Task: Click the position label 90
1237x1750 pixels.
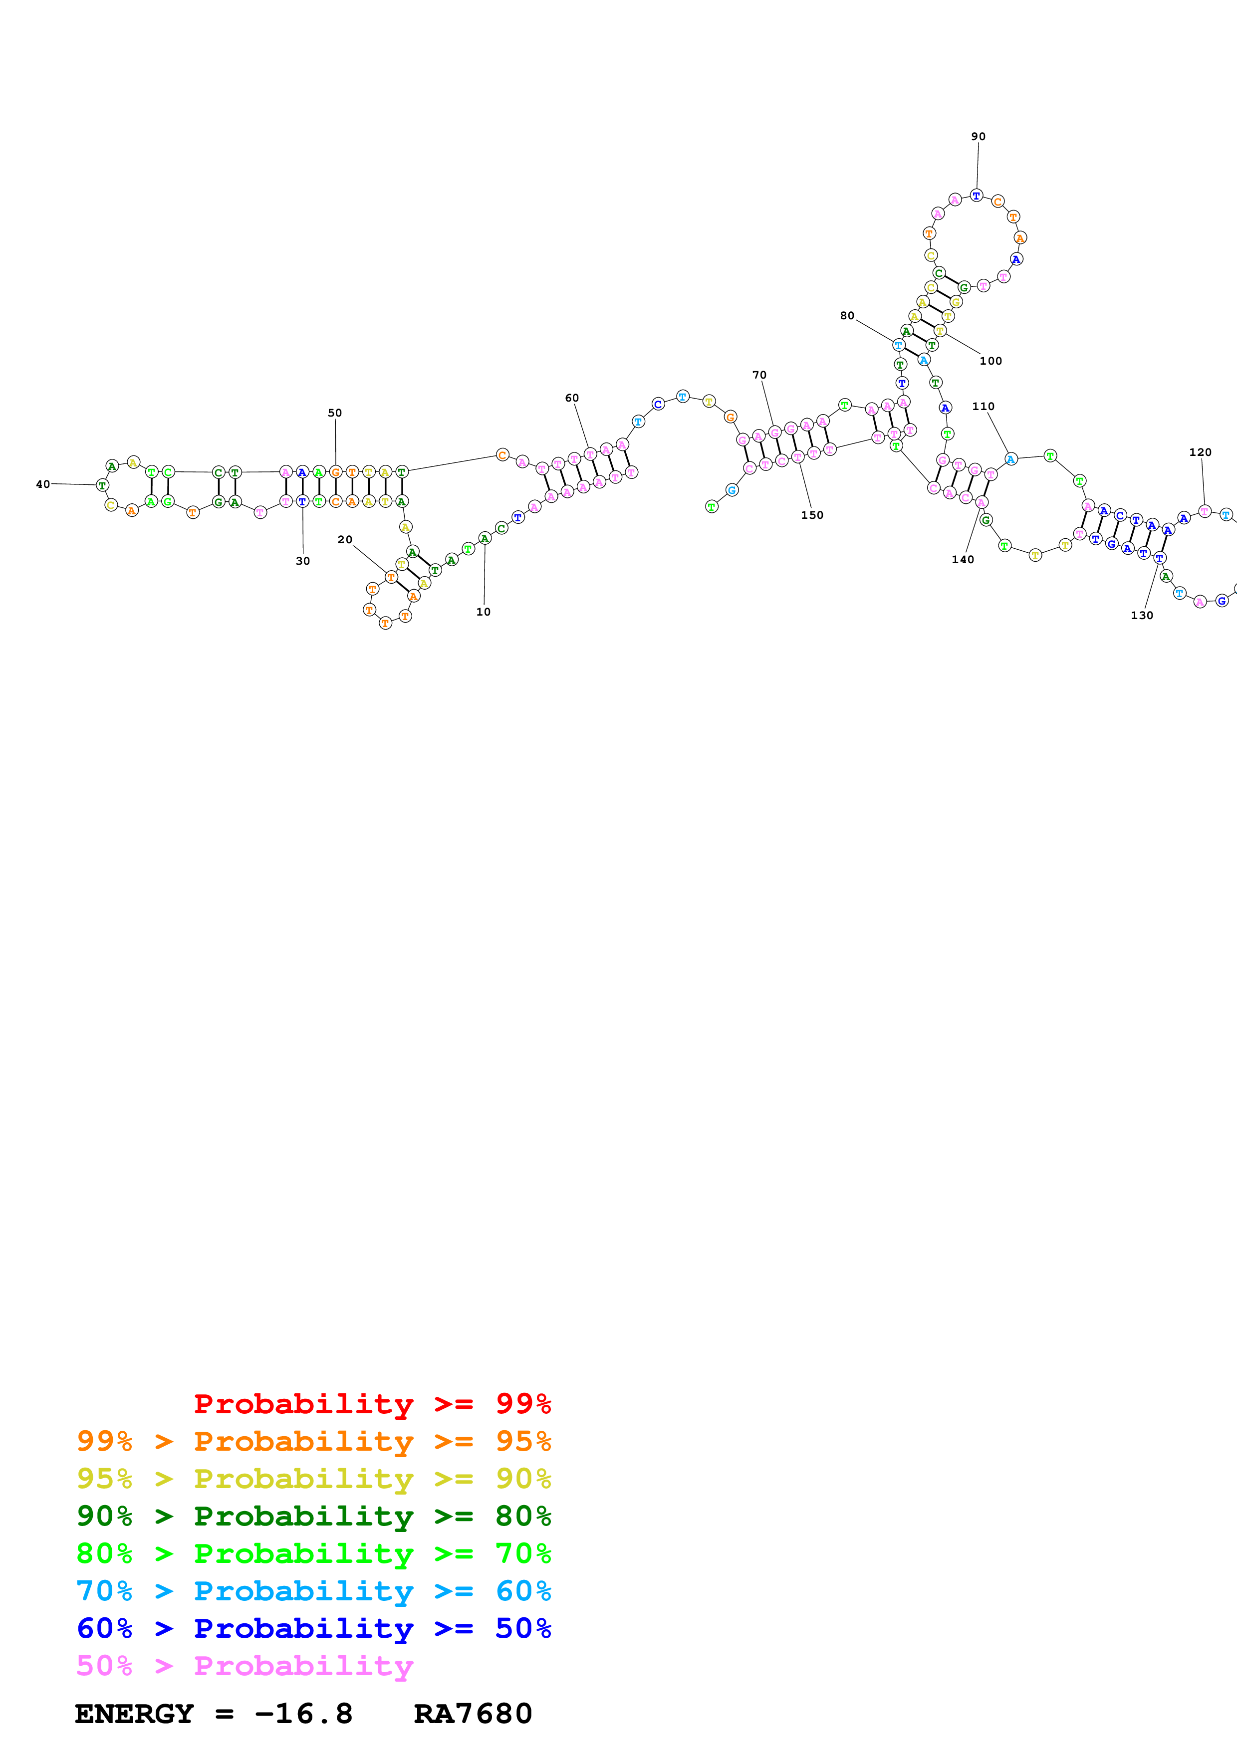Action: pos(978,136)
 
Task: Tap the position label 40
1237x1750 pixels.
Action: pos(43,484)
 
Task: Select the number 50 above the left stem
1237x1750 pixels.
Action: pos(335,413)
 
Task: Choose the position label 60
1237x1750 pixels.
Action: pos(572,398)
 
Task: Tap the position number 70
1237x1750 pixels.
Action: pos(759,375)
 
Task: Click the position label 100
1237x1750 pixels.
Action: pos(990,361)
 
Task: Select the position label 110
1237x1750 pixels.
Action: pos(983,406)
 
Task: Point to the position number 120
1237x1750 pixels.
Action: pos(1200,452)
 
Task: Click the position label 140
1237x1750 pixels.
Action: pos(962,559)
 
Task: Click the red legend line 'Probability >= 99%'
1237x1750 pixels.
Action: pos(372,1403)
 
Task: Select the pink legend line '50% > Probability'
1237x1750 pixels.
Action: pos(244,1665)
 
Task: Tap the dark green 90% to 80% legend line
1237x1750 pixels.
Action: pos(313,1516)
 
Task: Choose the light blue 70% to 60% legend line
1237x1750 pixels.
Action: pos(313,1591)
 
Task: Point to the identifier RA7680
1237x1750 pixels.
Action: pos(473,1714)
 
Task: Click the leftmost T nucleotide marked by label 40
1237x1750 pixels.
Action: pos(102,485)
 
